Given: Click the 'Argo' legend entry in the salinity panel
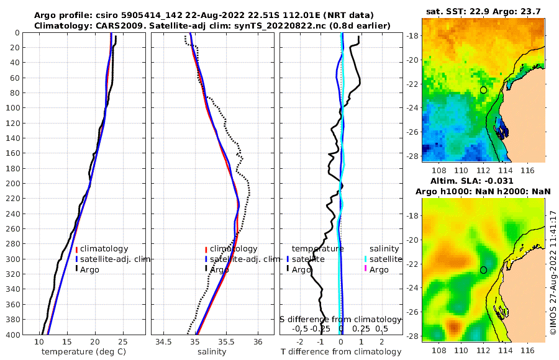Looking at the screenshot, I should click(x=219, y=270).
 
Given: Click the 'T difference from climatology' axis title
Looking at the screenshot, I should click(x=341, y=352).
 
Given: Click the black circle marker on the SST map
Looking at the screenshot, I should click(x=483, y=90).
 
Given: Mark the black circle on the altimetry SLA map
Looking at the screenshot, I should click(x=483, y=270).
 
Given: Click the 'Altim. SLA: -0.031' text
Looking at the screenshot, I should click(x=483, y=181).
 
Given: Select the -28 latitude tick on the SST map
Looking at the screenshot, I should click(x=412, y=156).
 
